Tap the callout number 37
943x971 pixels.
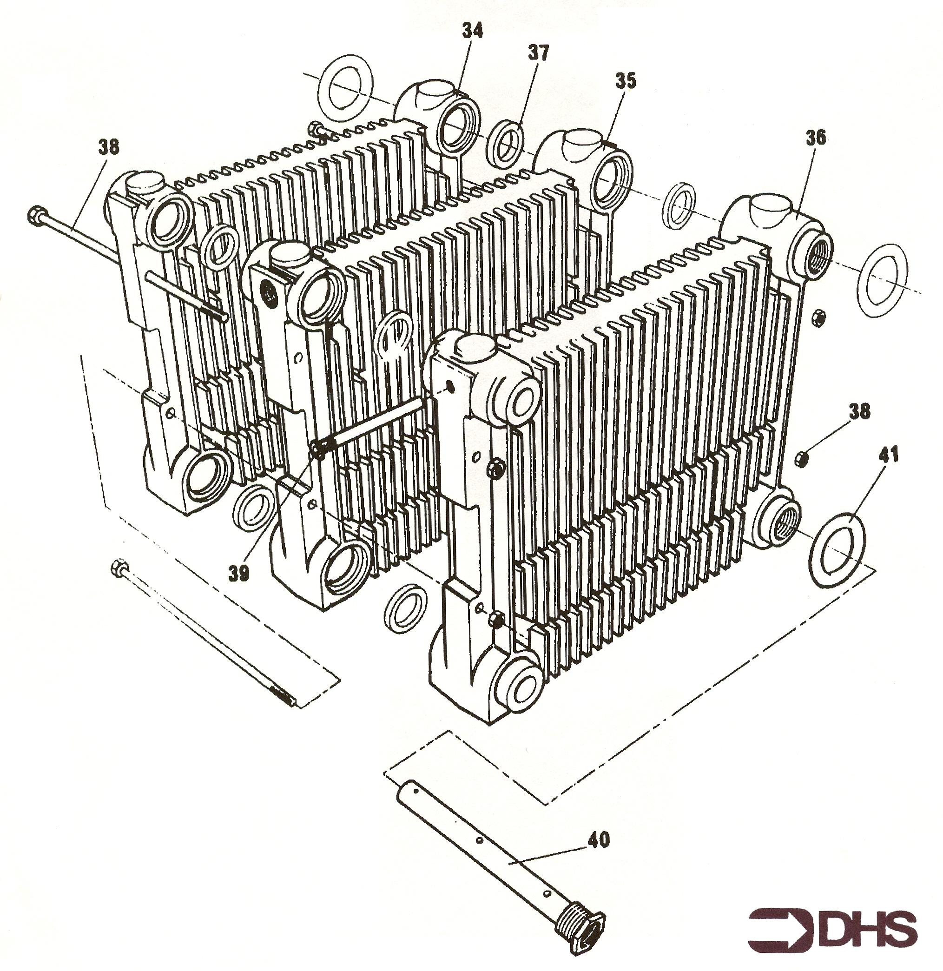[539, 53]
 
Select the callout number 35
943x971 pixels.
[626, 81]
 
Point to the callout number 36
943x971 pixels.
[816, 137]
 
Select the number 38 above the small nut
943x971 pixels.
[859, 412]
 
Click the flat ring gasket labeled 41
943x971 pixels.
[838, 549]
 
